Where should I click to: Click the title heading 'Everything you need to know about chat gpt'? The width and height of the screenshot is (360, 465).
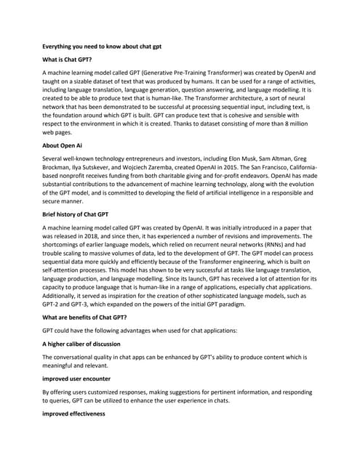[102, 46]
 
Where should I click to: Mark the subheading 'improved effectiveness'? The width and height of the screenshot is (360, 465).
[74, 413]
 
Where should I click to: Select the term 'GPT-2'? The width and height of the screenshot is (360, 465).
[53, 304]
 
